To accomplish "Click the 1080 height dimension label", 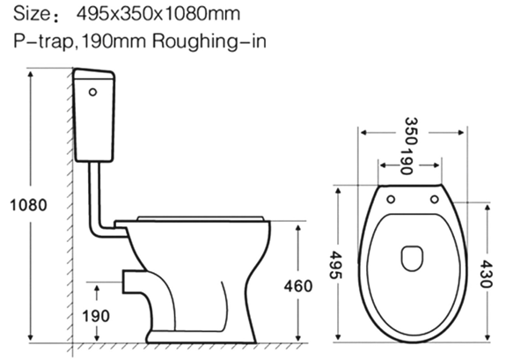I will point(27,205).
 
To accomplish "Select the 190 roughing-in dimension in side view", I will point(97,314).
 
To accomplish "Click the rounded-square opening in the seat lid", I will point(410,257).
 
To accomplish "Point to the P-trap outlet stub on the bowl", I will point(132,281).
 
